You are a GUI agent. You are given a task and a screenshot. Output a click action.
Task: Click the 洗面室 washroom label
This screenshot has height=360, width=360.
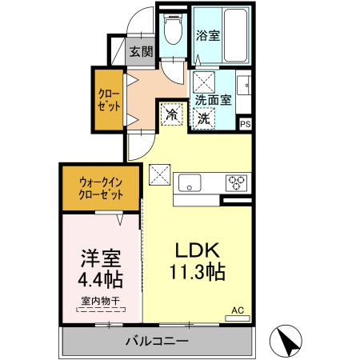point(214,101)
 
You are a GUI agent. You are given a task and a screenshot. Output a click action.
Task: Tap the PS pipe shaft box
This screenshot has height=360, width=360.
point(246,124)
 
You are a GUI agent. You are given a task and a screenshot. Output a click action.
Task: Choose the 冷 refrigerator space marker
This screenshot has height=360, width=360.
point(171,115)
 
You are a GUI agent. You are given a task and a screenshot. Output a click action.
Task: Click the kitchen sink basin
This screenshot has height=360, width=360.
point(190,180)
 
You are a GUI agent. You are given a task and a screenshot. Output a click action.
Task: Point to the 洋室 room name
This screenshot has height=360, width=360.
point(100,259)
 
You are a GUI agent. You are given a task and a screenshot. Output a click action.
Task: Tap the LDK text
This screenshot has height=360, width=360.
point(193,247)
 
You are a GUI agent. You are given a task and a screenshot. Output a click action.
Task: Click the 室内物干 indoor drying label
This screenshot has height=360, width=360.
point(101,302)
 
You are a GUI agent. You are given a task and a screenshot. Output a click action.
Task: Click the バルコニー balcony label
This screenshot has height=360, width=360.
point(156,342)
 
